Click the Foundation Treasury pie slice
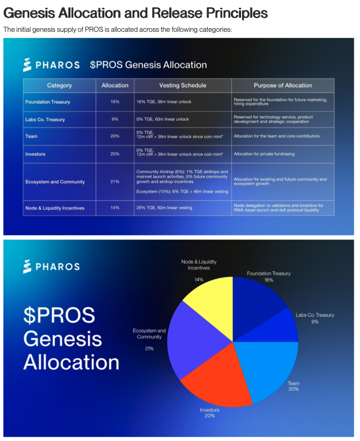(256, 300)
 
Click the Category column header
(59, 86)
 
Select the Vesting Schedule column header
(182, 86)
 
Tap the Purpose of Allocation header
(282, 86)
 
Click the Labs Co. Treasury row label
(45, 120)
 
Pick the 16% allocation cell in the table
(115, 102)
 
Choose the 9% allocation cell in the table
(115, 120)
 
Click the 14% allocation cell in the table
(115, 208)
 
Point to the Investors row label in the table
(35, 154)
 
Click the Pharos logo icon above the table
(28, 65)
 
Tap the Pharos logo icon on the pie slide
(28, 266)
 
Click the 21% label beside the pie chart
(149, 348)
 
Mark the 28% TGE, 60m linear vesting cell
(164, 208)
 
